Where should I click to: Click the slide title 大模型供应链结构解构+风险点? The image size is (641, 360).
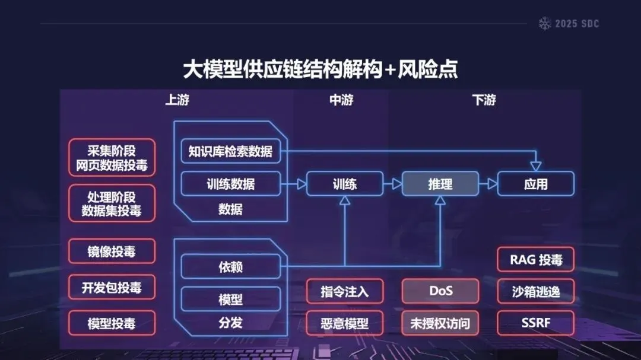pos(320,69)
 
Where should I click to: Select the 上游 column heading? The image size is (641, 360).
pos(177,100)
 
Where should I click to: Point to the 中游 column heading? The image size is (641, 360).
pos(341,100)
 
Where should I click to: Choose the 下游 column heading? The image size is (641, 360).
pos(484,100)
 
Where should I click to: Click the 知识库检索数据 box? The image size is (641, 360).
pos(230,151)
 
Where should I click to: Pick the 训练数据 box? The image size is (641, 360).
pos(230,184)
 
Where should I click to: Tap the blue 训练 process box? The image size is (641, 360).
pos(345,184)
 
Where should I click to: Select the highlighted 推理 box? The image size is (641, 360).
pos(440,184)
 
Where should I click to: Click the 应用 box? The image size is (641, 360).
pos(535,184)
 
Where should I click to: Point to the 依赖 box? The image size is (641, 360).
pos(230,267)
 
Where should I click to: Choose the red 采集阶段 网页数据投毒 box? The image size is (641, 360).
pos(112,158)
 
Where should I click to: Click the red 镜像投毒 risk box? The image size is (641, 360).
pos(112,251)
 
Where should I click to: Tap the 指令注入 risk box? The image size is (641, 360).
pos(345,291)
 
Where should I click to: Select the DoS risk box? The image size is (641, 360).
pos(440,291)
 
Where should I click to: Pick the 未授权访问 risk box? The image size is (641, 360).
pos(440,323)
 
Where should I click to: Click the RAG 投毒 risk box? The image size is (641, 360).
pos(535,259)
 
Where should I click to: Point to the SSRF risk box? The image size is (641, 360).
pos(535,323)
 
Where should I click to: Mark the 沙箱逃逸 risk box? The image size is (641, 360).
pos(535,291)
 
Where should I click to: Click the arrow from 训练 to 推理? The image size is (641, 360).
pos(392,184)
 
